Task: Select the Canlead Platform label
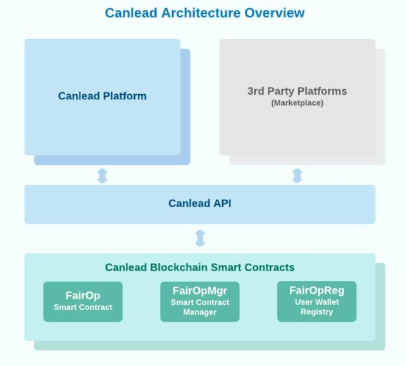(103, 96)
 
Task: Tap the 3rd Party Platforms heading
(297, 91)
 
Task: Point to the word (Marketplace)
(297, 102)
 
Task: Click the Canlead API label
(200, 204)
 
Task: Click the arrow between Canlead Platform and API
(103, 175)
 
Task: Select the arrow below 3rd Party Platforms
(297, 175)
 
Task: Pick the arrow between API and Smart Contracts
(200, 238)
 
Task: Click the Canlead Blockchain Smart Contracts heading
(200, 267)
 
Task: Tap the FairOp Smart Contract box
(83, 302)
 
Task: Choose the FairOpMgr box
(200, 302)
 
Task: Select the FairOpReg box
(316, 302)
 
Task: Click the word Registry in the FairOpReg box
(317, 312)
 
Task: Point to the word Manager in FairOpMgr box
(200, 312)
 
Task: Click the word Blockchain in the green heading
(176, 267)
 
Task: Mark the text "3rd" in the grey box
(256, 91)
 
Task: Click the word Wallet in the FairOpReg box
(327, 302)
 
